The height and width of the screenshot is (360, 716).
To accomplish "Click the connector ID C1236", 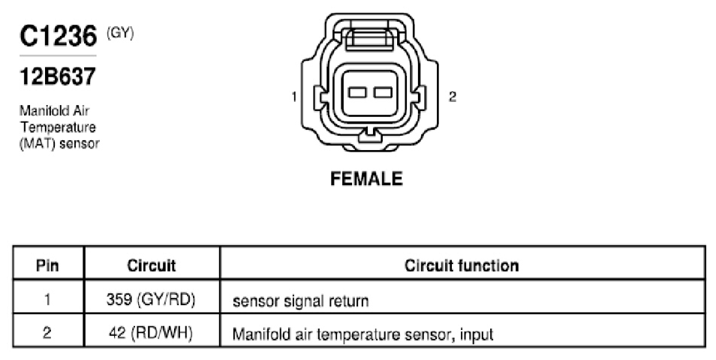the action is click(x=58, y=36).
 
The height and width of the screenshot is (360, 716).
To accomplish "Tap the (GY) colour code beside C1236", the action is click(x=120, y=33).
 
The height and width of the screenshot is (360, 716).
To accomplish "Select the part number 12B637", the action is click(x=58, y=76).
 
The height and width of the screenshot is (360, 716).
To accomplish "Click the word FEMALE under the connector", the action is click(x=366, y=178).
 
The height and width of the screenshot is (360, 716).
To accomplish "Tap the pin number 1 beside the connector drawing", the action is click(x=294, y=97).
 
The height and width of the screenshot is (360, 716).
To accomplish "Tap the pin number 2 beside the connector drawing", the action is click(x=452, y=97).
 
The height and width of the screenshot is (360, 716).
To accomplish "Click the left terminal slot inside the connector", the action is click(x=357, y=92).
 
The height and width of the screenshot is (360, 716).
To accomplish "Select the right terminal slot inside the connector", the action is click(x=383, y=92).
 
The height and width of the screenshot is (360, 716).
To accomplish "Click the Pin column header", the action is click(x=47, y=265).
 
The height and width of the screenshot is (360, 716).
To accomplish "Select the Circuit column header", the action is click(x=152, y=265).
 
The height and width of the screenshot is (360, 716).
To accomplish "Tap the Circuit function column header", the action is click(x=462, y=265).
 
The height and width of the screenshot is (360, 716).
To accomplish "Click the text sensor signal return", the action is click(x=300, y=301).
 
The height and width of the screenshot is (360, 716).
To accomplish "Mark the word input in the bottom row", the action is click(x=477, y=335).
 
